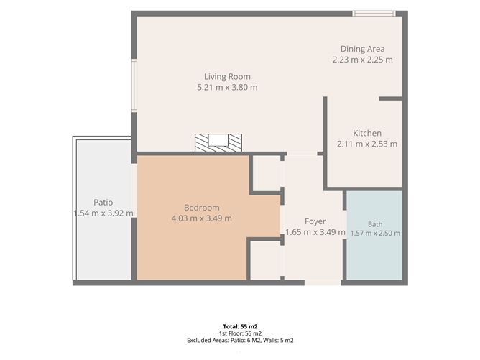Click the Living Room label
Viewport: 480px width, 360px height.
click(x=227, y=77)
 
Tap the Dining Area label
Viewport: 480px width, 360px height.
click(x=362, y=49)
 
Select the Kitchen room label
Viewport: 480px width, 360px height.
click(x=367, y=134)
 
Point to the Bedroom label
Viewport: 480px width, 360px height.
click(x=201, y=208)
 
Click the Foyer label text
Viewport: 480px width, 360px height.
click(x=315, y=221)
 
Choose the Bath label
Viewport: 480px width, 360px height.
click(x=375, y=224)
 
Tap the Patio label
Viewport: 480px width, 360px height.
click(x=103, y=203)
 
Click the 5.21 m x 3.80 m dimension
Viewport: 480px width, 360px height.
click(x=227, y=88)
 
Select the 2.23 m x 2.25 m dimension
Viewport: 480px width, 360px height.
click(x=362, y=60)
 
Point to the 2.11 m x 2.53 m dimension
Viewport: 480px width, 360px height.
click(x=367, y=144)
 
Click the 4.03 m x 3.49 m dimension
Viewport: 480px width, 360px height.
click(x=201, y=218)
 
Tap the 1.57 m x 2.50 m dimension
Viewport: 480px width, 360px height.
click(x=375, y=234)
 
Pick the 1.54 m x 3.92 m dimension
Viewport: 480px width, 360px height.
click(x=103, y=213)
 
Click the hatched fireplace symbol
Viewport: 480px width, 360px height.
click(x=218, y=143)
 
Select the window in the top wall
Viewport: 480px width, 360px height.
click(x=374, y=14)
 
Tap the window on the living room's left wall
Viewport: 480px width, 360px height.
click(x=134, y=86)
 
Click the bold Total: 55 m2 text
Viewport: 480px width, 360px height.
click(x=240, y=327)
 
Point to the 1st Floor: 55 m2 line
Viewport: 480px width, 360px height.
click(x=240, y=333)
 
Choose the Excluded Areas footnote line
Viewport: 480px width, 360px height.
click(x=240, y=340)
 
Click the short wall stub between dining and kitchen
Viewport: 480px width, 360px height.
click(x=391, y=98)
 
